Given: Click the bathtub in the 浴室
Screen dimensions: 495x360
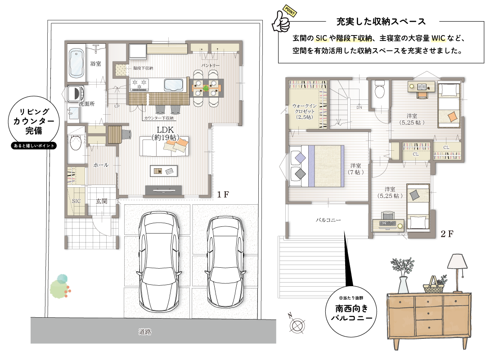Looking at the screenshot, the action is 76,63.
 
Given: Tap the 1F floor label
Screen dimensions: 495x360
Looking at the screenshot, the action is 223,194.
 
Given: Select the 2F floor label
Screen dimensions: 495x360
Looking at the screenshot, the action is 447,234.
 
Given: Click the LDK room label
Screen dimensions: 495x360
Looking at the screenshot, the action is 165,130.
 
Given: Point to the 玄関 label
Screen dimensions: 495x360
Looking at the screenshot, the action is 102,201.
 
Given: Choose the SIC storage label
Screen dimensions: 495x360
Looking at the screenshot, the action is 76,201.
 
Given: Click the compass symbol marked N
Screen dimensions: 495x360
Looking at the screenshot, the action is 297,324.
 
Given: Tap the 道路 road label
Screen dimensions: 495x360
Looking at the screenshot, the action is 145,332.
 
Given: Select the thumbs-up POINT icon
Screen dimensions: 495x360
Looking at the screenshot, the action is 283,20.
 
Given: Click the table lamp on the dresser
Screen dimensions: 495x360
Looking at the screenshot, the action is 457,273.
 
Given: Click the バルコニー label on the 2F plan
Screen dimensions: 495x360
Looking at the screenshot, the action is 328,220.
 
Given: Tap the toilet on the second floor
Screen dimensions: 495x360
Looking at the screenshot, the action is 379,90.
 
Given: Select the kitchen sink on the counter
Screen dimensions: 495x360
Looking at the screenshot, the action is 173,85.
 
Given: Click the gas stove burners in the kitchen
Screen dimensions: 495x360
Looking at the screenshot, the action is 140,84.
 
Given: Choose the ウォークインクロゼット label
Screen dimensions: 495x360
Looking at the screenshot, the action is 304,112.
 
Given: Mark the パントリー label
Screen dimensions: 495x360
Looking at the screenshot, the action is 211,65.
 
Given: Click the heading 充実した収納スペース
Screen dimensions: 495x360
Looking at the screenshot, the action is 381,22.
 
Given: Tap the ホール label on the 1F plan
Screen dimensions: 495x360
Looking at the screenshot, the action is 101,165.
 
